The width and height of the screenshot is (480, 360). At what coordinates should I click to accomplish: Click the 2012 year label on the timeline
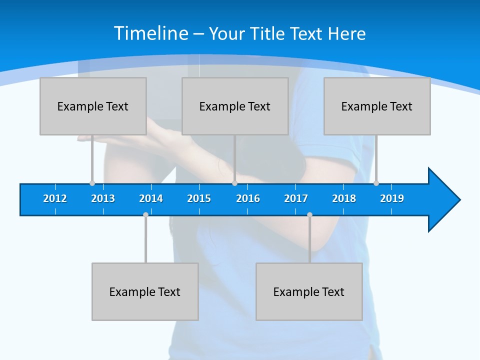pyautogui.click(x=55, y=198)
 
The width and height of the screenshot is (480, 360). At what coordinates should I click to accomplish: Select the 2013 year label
pyautogui.click(x=103, y=198)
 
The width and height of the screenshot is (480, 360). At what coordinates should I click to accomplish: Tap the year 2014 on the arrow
pyautogui.click(x=151, y=198)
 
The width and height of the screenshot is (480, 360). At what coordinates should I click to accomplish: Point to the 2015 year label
pyautogui.click(x=199, y=198)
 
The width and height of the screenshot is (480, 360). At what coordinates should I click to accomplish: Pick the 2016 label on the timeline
pyautogui.click(x=248, y=198)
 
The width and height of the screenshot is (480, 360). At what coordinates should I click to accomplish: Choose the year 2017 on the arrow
pyautogui.click(x=296, y=198)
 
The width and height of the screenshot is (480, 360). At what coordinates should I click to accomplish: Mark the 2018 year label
pyautogui.click(x=344, y=198)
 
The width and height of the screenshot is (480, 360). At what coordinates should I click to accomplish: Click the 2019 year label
pyautogui.click(x=392, y=198)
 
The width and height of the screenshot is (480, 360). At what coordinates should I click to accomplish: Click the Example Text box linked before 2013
pyautogui.click(x=93, y=106)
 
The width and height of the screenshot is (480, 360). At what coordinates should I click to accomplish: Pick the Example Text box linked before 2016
pyautogui.click(x=235, y=106)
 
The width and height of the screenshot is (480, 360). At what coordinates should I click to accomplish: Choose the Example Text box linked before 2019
pyautogui.click(x=377, y=106)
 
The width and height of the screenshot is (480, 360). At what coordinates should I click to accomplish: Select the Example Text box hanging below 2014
pyautogui.click(x=145, y=291)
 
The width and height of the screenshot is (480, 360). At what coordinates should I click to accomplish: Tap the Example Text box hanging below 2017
pyautogui.click(x=309, y=291)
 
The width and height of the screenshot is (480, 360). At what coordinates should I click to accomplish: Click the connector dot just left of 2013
pyautogui.click(x=92, y=183)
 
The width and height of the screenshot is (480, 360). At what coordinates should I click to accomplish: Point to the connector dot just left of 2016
pyautogui.click(x=234, y=183)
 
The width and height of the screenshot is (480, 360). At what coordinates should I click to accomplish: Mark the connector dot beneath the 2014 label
pyautogui.click(x=145, y=214)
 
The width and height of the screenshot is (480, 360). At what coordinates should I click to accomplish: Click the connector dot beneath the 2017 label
pyautogui.click(x=309, y=214)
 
